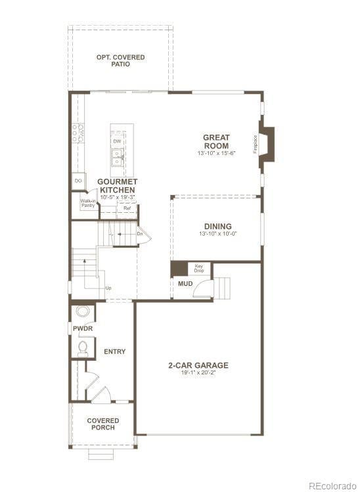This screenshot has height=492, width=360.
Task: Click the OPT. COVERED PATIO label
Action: coord(120,60)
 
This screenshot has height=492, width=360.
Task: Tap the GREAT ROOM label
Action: coord(216,141)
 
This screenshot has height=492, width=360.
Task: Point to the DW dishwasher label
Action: coord(117,141)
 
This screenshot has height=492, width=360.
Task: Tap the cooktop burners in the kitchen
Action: coord(78,133)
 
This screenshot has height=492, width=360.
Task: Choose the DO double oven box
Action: coord(78,180)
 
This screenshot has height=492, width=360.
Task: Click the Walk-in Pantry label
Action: coord(88,204)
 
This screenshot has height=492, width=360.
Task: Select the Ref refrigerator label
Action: coord(127,208)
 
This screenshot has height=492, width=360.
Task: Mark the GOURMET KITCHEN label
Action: coord(117,185)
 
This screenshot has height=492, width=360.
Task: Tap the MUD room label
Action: coord(185,284)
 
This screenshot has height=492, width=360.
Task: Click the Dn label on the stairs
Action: coord(140,234)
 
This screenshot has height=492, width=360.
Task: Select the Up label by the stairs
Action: coord(108,288)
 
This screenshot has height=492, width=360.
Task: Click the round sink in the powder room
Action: coord(83,311)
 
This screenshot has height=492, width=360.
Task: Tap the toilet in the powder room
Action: coord(83,347)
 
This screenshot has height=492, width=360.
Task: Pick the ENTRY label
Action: coord(115,351)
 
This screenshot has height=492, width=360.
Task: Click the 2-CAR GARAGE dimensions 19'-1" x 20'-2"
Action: coord(198,373)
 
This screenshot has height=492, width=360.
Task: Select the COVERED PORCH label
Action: coord(103,424)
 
